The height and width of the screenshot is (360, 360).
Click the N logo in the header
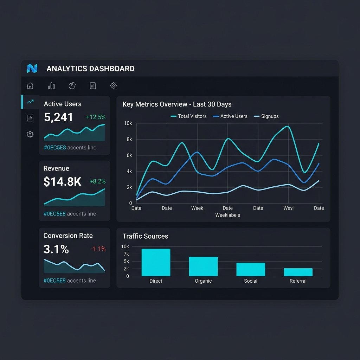click(x=32, y=69)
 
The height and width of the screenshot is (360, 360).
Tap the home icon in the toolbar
click(x=30, y=86)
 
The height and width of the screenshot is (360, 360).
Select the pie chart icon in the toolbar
click(x=72, y=86)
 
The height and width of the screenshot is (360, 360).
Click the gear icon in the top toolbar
click(x=114, y=86)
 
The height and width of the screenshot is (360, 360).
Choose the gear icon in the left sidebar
click(x=30, y=134)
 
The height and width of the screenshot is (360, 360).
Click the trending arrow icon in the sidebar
click(x=30, y=102)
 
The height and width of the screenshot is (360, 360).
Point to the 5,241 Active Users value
click(x=58, y=117)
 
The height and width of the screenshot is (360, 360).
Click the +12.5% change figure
click(x=96, y=117)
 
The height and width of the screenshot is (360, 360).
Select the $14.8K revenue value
click(x=63, y=182)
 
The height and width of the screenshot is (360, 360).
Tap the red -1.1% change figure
click(x=98, y=249)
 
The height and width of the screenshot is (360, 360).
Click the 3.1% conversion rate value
click(x=56, y=249)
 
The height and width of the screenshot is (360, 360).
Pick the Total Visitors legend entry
click(x=188, y=116)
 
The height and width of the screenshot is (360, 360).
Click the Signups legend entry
click(x=266, y=116)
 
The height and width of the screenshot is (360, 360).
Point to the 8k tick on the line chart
click(x=129, y=139)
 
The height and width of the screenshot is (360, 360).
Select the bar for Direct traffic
click(x=156, y=262)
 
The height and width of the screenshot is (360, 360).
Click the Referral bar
click(x=298, y=272)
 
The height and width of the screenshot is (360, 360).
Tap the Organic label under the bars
click(x=203, y=281)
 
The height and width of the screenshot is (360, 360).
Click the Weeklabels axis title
click(x=227, y=215)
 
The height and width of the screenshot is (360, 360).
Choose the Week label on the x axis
click(x=197, y=208)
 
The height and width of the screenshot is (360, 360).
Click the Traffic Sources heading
click(x=145, y=236)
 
